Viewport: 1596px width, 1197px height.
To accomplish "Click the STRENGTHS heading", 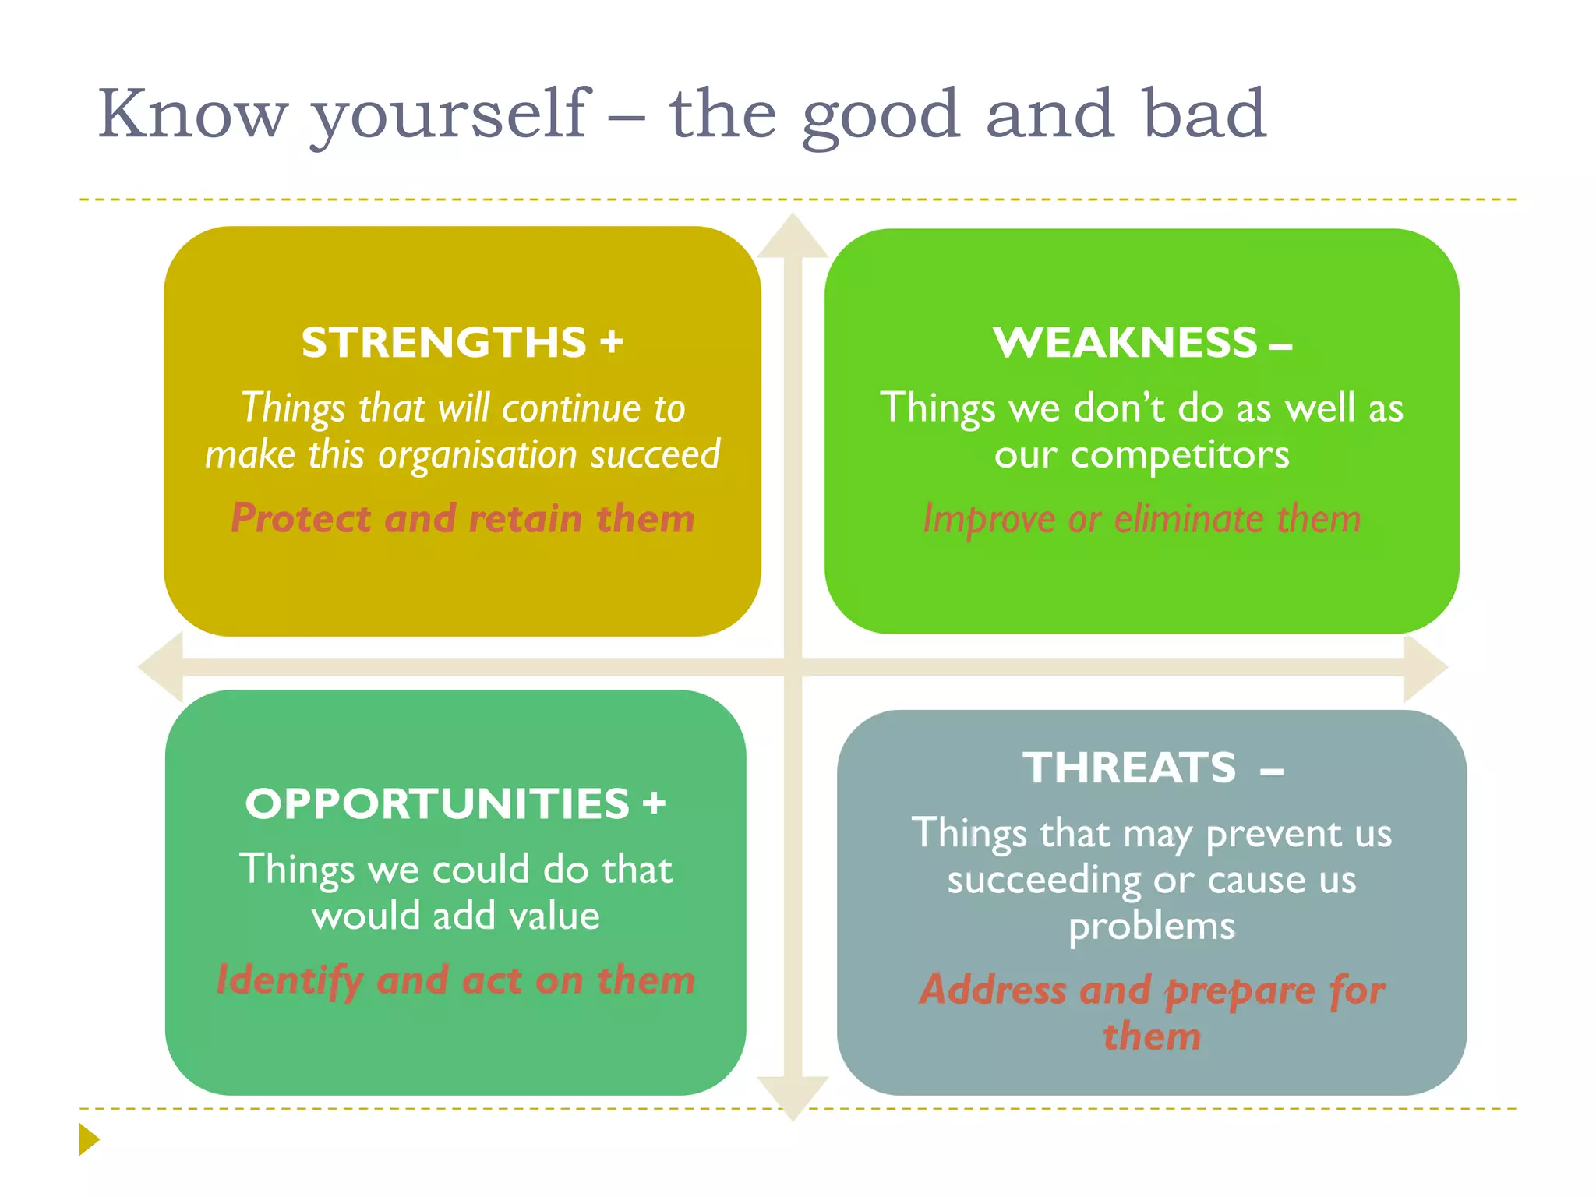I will (444, 343).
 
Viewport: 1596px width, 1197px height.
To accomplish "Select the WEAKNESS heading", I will (1125, 343).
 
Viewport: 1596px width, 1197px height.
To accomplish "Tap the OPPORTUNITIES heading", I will (437, 804).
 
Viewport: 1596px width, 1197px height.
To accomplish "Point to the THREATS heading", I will (1129, 768).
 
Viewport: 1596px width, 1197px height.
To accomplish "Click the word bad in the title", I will (1204, 114).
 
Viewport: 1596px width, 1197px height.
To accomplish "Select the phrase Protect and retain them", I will (463, 519).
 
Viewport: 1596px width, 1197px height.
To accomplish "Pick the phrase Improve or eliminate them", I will (1142, 519).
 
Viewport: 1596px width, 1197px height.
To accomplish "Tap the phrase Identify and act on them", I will (456, 980).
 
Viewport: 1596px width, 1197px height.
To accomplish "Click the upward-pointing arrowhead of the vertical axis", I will (793, 236).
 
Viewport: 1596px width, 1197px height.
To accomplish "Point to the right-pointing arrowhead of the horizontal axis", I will (1424, 668).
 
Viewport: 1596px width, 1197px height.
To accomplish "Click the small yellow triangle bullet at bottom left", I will (88, 1139).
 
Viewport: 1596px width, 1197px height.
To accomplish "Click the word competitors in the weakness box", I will (1180, 455).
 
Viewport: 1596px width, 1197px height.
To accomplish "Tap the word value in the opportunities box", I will (554, 916).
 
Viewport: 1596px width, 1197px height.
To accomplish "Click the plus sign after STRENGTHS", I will (612, 343).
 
